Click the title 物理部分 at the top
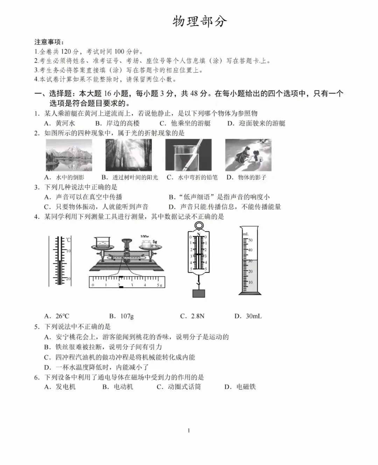[199, 22]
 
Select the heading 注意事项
[49, 42]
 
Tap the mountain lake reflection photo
[69, 155]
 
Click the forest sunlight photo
[128, 155]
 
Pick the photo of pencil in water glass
[188, 155]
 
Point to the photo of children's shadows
[248, 155]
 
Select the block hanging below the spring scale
[198, 293]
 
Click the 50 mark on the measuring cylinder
[251, 240]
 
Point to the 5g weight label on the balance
[155, 242]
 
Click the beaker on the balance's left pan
[101, 242]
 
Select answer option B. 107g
[121, 316]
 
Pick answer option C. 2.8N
[192, 316]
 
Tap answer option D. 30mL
[248, 316]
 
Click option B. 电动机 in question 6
[118, 387]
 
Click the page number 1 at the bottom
[189, 430]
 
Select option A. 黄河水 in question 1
[60, 123]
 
